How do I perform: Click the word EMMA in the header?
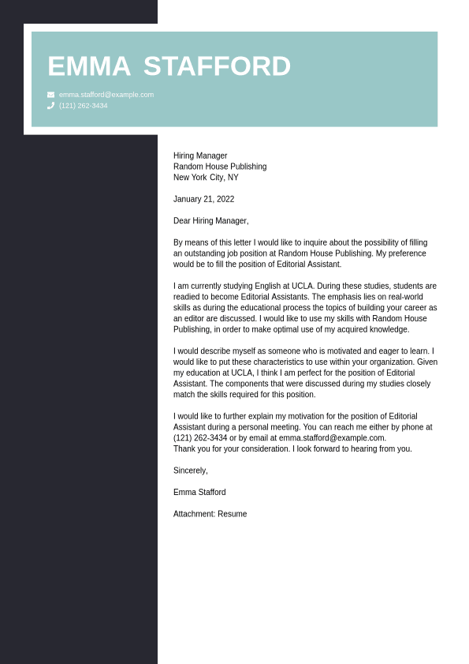(x=89, y=66)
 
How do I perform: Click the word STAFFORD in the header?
(x=217, y=66)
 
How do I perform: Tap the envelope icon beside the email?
(x=51, y=95)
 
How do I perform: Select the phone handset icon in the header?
(x=51, y=105)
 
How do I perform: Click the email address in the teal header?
(x=106, y=95)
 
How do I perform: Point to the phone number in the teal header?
(x=84, y=105)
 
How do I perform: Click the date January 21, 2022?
(x=203, y=199)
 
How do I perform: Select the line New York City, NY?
(x=206, y=178)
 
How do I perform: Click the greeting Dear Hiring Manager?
(x=210, y=221)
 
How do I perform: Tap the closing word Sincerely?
(x=191, y=471)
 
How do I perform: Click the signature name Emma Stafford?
(x=199, y=492)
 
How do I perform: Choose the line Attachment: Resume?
(x=210, y=514)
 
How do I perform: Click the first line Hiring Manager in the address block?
(x=200, y=156)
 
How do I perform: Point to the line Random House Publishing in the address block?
(x=220, y=167)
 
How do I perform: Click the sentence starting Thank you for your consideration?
(x=292, y=448)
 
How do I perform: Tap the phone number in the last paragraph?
(x=200, y=437)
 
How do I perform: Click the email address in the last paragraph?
(x=332, y=437)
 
